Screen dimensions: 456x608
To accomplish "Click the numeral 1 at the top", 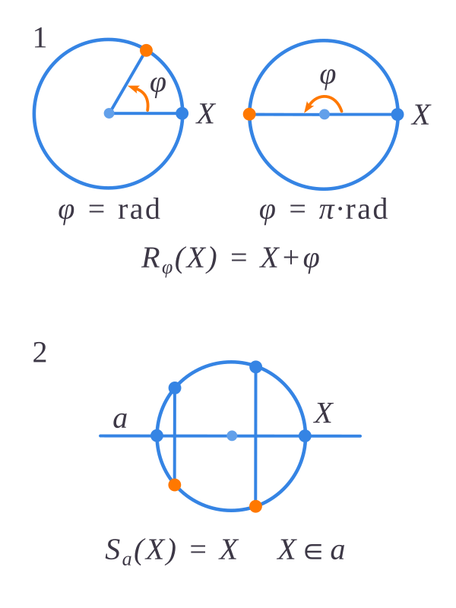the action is pos(40,39).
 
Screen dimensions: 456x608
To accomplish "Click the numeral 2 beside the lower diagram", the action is pos(40,353).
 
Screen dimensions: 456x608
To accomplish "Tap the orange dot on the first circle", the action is pos(146,50).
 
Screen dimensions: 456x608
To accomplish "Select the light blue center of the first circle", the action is pos(109,113).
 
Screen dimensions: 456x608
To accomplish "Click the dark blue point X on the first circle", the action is pos(182,113).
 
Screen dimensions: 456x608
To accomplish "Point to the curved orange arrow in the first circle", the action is pos(141,96).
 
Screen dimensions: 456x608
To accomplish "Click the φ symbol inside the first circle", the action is pos(158,86).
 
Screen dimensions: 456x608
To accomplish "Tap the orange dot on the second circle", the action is pos(249,114).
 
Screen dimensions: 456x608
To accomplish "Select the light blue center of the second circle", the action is pos(325,115).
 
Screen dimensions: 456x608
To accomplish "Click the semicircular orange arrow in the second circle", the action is pos(325,97).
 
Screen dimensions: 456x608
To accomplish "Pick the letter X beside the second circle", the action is pos(421,115).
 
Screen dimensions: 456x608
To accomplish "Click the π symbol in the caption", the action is pos(326,211).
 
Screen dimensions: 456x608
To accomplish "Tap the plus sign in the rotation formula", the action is pos(291,258).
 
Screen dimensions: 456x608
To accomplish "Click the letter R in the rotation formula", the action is pos(150,258).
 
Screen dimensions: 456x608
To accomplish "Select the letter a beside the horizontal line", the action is pos(120,420).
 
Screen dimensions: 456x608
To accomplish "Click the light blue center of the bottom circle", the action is pos(232,435).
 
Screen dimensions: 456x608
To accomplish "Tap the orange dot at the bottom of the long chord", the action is pos(255,506).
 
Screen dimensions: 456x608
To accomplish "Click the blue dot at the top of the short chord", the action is pos(175,388).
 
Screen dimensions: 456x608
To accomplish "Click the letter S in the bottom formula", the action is pos(112,549).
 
